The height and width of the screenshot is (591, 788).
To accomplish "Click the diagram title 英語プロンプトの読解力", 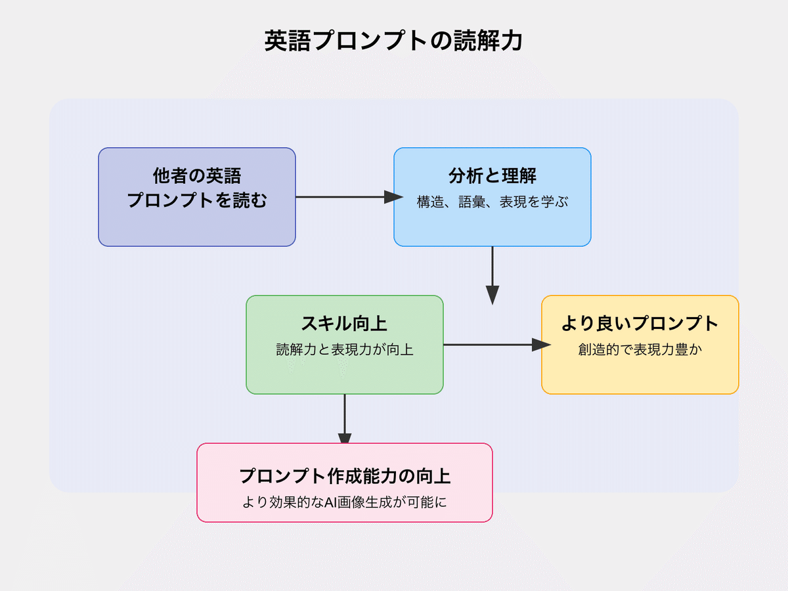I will click(x=393, y=41).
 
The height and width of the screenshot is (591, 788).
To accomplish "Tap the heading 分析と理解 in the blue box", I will click(x=492, y=176).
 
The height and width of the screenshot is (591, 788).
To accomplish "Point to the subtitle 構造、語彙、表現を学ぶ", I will click(x=492, y=202).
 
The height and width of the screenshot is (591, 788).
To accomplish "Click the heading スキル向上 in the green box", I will click(x=344, y=324).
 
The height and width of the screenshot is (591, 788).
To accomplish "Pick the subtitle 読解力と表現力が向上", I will click(x=344, y=350).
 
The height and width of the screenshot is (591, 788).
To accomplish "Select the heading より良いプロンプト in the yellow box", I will click(x=640, y=324).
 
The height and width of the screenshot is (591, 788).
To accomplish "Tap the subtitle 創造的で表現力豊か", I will click(x=640, y=350).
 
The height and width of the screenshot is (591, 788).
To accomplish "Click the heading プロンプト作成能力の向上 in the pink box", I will click(x=344, y=475).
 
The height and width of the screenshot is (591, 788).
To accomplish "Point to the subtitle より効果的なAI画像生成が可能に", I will click(x=344, y=503).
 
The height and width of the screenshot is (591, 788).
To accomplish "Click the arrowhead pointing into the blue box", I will click(x=393, y=197).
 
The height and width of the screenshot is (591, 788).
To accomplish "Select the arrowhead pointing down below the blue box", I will click(x=492, y=295).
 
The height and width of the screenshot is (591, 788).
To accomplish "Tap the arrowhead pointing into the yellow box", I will click(x=540, y=345).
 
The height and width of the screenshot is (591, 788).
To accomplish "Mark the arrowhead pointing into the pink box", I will click(x=345, y=439).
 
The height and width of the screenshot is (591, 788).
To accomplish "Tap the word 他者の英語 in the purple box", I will click(x=197, y=176).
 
